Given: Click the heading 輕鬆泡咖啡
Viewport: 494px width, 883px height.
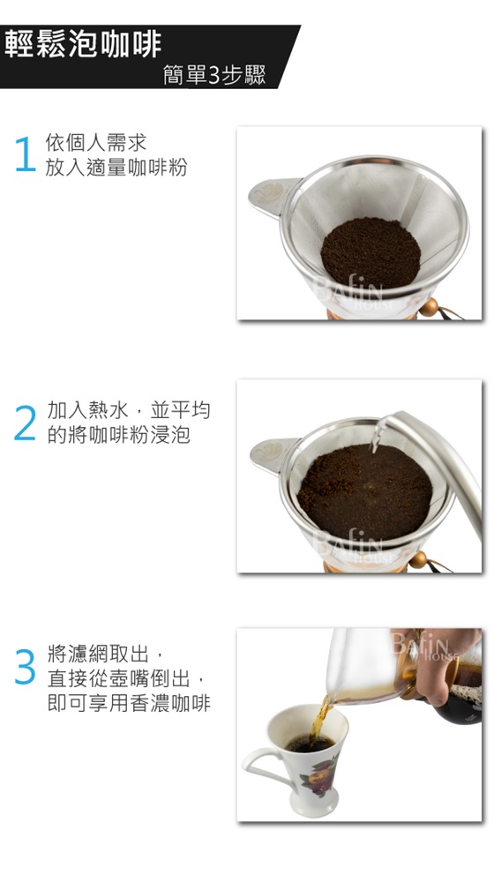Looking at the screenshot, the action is (83, 44).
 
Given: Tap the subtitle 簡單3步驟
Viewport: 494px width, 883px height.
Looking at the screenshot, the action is (214, 74).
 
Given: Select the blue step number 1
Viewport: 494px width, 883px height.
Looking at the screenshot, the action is (25, 153).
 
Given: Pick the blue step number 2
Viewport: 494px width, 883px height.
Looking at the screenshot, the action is (25, 423).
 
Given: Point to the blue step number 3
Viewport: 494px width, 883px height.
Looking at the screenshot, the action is (25, 666).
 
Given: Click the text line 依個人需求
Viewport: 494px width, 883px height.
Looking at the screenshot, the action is (96, 143).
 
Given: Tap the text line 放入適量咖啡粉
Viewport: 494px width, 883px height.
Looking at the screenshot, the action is (116, 168).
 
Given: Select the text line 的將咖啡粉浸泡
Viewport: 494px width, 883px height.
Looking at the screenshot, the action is (119, 435).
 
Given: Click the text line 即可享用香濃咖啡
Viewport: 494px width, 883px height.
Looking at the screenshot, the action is (129, 703).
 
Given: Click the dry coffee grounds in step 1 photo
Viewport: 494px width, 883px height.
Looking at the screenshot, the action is (370, 253).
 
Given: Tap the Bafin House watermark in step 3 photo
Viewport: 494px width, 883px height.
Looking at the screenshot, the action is (425, 647).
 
